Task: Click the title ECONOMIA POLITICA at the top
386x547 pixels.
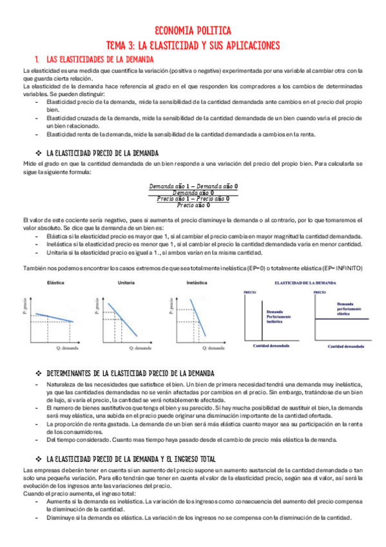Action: pyautogui.click(x=193, y=30)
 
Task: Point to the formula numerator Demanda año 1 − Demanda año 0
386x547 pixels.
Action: pyautogui.click(x=193, y=186)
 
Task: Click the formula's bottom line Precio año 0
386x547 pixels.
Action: pyautogui.click(x=193, y=205)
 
